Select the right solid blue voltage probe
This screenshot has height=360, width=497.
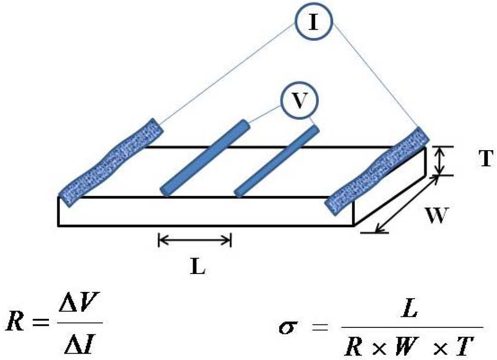point(277,161)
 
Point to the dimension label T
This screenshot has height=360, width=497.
point(486,159)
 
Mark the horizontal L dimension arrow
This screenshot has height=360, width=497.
point(195,239)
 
